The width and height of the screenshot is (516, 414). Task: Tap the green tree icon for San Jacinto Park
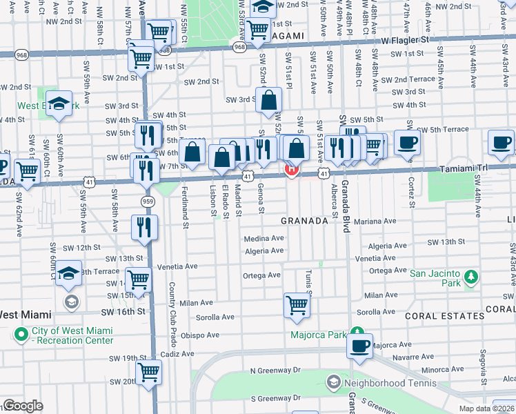click(x=471, y=277)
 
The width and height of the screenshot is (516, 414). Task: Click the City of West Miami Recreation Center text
click(x=72, y=335)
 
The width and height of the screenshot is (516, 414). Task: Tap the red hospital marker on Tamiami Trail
click(x=292, y=169)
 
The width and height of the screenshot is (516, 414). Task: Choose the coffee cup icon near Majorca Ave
click(x=359, y=346)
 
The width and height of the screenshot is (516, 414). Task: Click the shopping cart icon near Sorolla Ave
click(x=297, y=305)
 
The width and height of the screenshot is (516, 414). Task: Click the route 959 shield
click(x=147, y=201)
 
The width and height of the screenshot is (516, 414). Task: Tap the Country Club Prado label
click(x=172, y=314)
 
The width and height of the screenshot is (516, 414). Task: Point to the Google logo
click(x=23, y=406)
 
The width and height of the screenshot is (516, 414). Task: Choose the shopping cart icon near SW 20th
click(x=149, y=373)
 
